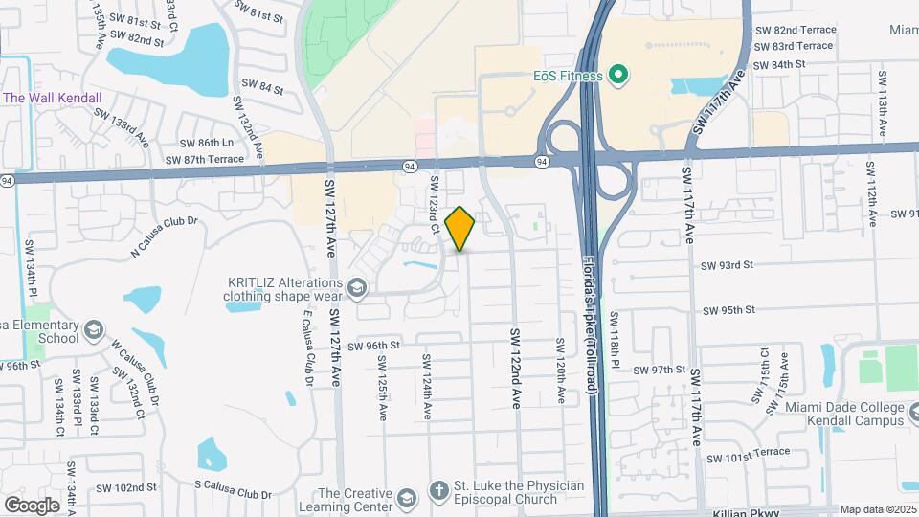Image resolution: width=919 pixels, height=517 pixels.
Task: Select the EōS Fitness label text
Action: click(568, 76)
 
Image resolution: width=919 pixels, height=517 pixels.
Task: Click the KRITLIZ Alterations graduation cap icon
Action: click(357, 288)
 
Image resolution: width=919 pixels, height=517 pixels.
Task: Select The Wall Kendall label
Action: click(53, 98)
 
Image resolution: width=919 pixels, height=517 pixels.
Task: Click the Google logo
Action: click(32, 505)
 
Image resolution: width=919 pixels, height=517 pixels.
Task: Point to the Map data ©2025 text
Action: click(877, 510)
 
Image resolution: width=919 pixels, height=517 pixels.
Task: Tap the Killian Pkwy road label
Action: click(748, 513)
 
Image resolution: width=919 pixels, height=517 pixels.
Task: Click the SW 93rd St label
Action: click(728, 265)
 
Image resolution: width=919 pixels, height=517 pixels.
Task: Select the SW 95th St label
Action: click(729, 310)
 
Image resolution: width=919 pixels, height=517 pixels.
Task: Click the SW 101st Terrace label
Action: click(749, 452)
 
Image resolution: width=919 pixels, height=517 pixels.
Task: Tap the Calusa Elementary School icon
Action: click(93, 331)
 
